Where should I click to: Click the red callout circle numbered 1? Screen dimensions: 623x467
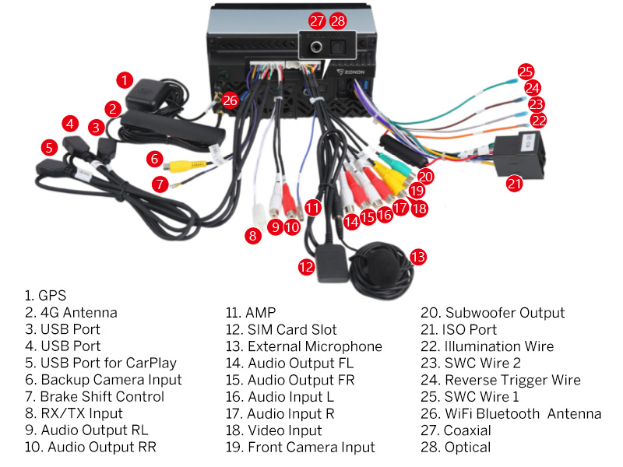[125, 80]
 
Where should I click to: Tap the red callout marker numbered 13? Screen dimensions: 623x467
[418, 257]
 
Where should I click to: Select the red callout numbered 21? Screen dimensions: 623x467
[515, 184]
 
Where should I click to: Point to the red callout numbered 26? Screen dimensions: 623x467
[230, 100]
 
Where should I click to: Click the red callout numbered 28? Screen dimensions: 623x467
[338, 21]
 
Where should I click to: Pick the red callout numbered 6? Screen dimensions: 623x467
[154, 159]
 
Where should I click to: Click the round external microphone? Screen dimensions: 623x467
[381, 269]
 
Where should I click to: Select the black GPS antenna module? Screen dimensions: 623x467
[148, 95]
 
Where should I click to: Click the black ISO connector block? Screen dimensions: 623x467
[518, 154]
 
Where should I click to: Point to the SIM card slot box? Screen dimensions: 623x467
[332, 264]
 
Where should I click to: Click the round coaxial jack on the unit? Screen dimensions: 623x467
[316, 47]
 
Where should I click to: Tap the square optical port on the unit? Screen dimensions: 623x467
[338, 47]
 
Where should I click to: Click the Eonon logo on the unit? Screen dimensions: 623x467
[351, 72]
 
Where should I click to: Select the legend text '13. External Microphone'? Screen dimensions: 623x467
[304, 346]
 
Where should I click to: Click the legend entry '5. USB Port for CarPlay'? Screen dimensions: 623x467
[100, 363]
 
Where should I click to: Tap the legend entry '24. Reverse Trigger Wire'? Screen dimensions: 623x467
[501, 380]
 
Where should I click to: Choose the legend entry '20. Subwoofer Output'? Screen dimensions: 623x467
[493, 313]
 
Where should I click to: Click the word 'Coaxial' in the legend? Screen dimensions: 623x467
[467, 430]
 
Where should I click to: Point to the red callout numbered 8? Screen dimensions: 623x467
[252, 236]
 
